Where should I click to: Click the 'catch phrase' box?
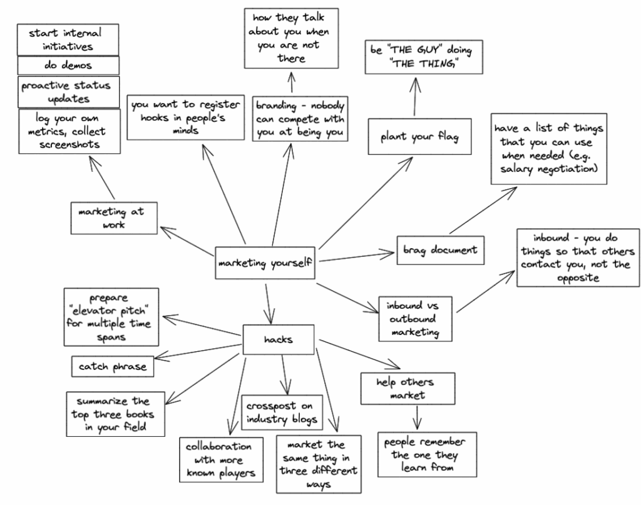click(113, 366)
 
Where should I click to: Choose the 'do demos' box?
click(68, 65)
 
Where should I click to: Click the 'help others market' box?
click(408, 388)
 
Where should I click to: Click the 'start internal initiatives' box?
click(68, 39)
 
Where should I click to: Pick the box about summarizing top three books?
click(116, 414)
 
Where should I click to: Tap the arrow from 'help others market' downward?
click(415, 417)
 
